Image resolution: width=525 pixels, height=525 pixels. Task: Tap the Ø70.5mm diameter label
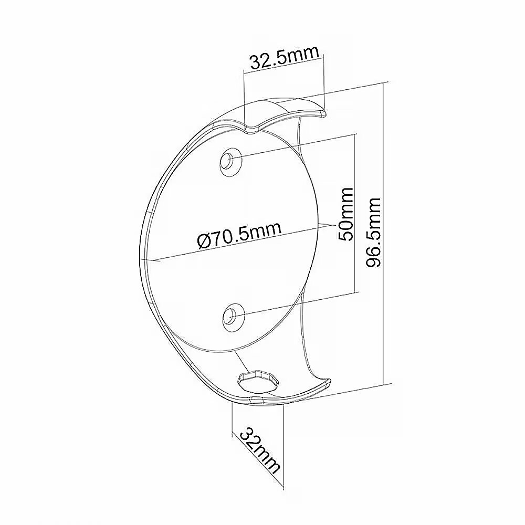tap(239, 234)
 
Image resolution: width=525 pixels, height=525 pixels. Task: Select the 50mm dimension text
tap(346, 214)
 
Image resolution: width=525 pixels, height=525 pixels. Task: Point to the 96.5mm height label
tap(373, 232)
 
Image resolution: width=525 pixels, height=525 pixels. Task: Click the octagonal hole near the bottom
tap(258, 381)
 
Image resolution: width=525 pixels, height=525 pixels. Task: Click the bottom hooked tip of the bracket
tap(328, 383)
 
